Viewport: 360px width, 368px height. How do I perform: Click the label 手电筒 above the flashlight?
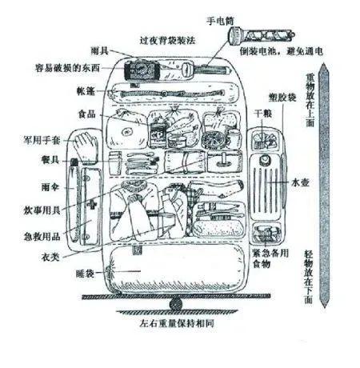(220, 21)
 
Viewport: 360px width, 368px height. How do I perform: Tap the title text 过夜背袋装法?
(167, 40)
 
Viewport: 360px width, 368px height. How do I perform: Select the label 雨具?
(99, 50)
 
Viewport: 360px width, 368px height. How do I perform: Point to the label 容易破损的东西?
(67, 68)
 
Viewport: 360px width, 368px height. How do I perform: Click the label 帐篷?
(86, 91)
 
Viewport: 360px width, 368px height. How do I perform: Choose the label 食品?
(87, 114)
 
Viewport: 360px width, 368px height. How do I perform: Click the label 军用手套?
(42, 140)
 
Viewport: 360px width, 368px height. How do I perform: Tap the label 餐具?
(50, 159)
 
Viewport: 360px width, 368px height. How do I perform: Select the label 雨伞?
(50, 186)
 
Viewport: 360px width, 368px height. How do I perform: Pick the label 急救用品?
(42, 236)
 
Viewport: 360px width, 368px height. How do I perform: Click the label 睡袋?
(85, 274)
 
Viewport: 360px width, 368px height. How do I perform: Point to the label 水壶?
(300, 182)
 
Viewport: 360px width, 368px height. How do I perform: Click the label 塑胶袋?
(282, 98)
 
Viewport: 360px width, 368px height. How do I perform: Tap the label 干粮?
(263, 114)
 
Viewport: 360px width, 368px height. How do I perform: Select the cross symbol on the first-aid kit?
(91, 205)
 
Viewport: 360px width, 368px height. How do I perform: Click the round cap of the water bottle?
(266, 159)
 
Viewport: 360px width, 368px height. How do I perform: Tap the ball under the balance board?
(176, 304)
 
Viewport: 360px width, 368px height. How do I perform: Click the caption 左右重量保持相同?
(177, 323)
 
